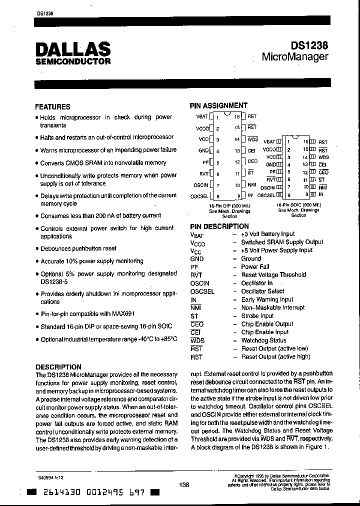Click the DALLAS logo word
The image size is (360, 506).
point(73,48)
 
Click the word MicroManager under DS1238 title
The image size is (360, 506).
point(295,56)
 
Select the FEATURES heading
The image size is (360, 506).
point(52,106)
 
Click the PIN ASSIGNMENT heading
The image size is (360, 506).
point(218,105)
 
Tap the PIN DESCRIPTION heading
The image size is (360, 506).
point(219,226)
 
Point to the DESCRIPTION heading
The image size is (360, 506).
point(58,366)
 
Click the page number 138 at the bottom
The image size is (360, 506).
point(184,484)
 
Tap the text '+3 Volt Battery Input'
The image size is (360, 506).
point(268,234)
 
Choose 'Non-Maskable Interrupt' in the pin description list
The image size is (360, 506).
point(272,308)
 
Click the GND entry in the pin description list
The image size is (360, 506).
point(197,259)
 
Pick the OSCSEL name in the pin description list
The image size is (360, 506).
point(202,291)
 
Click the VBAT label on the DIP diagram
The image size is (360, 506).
point(202,116)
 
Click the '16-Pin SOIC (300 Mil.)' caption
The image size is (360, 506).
point(298,205)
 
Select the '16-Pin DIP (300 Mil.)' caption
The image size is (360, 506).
point(229,205)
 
